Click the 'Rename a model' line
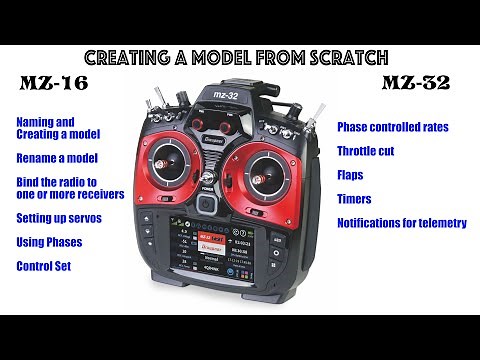click(57, 158)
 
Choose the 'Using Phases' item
click(50, 241)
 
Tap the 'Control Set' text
click(45, 266)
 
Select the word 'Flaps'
click(352, 175)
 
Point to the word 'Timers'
click(355, 199)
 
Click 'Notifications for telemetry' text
click(401, 223)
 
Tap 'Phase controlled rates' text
click(392, 127)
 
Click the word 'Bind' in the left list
click(29, 181)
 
